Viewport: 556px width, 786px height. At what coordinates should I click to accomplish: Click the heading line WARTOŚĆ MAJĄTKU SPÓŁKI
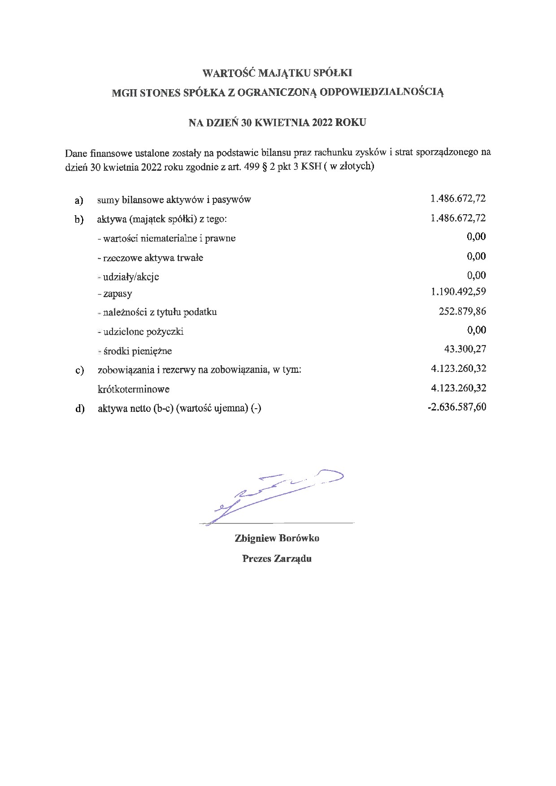pos(278,73)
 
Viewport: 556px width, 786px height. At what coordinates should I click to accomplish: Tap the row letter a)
pos(79,200)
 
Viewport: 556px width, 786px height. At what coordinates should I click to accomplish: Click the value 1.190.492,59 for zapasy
pos(458,292)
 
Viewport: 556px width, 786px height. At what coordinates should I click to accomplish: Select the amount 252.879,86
pos(462,311)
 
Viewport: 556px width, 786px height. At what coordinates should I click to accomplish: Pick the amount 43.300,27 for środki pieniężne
pos(465,349)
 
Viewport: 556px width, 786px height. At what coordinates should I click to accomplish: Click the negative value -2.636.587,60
pos(457,407)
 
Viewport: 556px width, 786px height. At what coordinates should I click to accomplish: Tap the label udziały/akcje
pos(130,277)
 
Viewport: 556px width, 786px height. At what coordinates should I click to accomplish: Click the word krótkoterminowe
pos(134,389)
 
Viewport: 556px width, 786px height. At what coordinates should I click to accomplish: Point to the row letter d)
pos(80,409)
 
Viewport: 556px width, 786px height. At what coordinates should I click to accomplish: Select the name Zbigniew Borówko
pos(277,538)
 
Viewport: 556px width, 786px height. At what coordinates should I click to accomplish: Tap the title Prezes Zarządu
pos(277,558)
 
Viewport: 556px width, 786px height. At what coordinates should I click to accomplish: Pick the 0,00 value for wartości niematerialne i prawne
pos(476,237)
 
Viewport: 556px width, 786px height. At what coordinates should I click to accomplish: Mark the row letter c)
pos(80,371)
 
